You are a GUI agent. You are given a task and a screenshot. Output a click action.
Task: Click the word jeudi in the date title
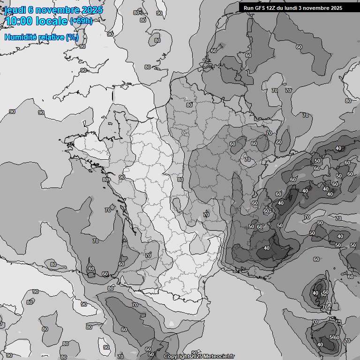pyautogui.click(x=14, y=10)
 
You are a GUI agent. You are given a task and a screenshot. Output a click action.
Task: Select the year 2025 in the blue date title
pyautogui.click(x=92, y=10)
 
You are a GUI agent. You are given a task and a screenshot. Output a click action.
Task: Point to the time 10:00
pyautogui.click(x=19, y=22)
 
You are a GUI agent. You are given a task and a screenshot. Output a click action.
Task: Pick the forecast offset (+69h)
pyautogui.click(x=82, y=22)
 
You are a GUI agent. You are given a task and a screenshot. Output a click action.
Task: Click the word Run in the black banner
pyautogui.click(x=248, y=8)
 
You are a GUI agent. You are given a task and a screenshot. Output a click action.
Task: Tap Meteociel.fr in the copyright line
pyautogui.click(x=217, y=357)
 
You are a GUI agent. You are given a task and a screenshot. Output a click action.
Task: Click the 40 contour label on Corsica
pyautogui.click(x=315, y=293)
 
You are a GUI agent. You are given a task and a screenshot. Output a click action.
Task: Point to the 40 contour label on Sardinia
pyautogui.click(x=320, y=345)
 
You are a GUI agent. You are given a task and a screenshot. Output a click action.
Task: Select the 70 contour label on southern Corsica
pyautogui.click(x=325, y=307)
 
